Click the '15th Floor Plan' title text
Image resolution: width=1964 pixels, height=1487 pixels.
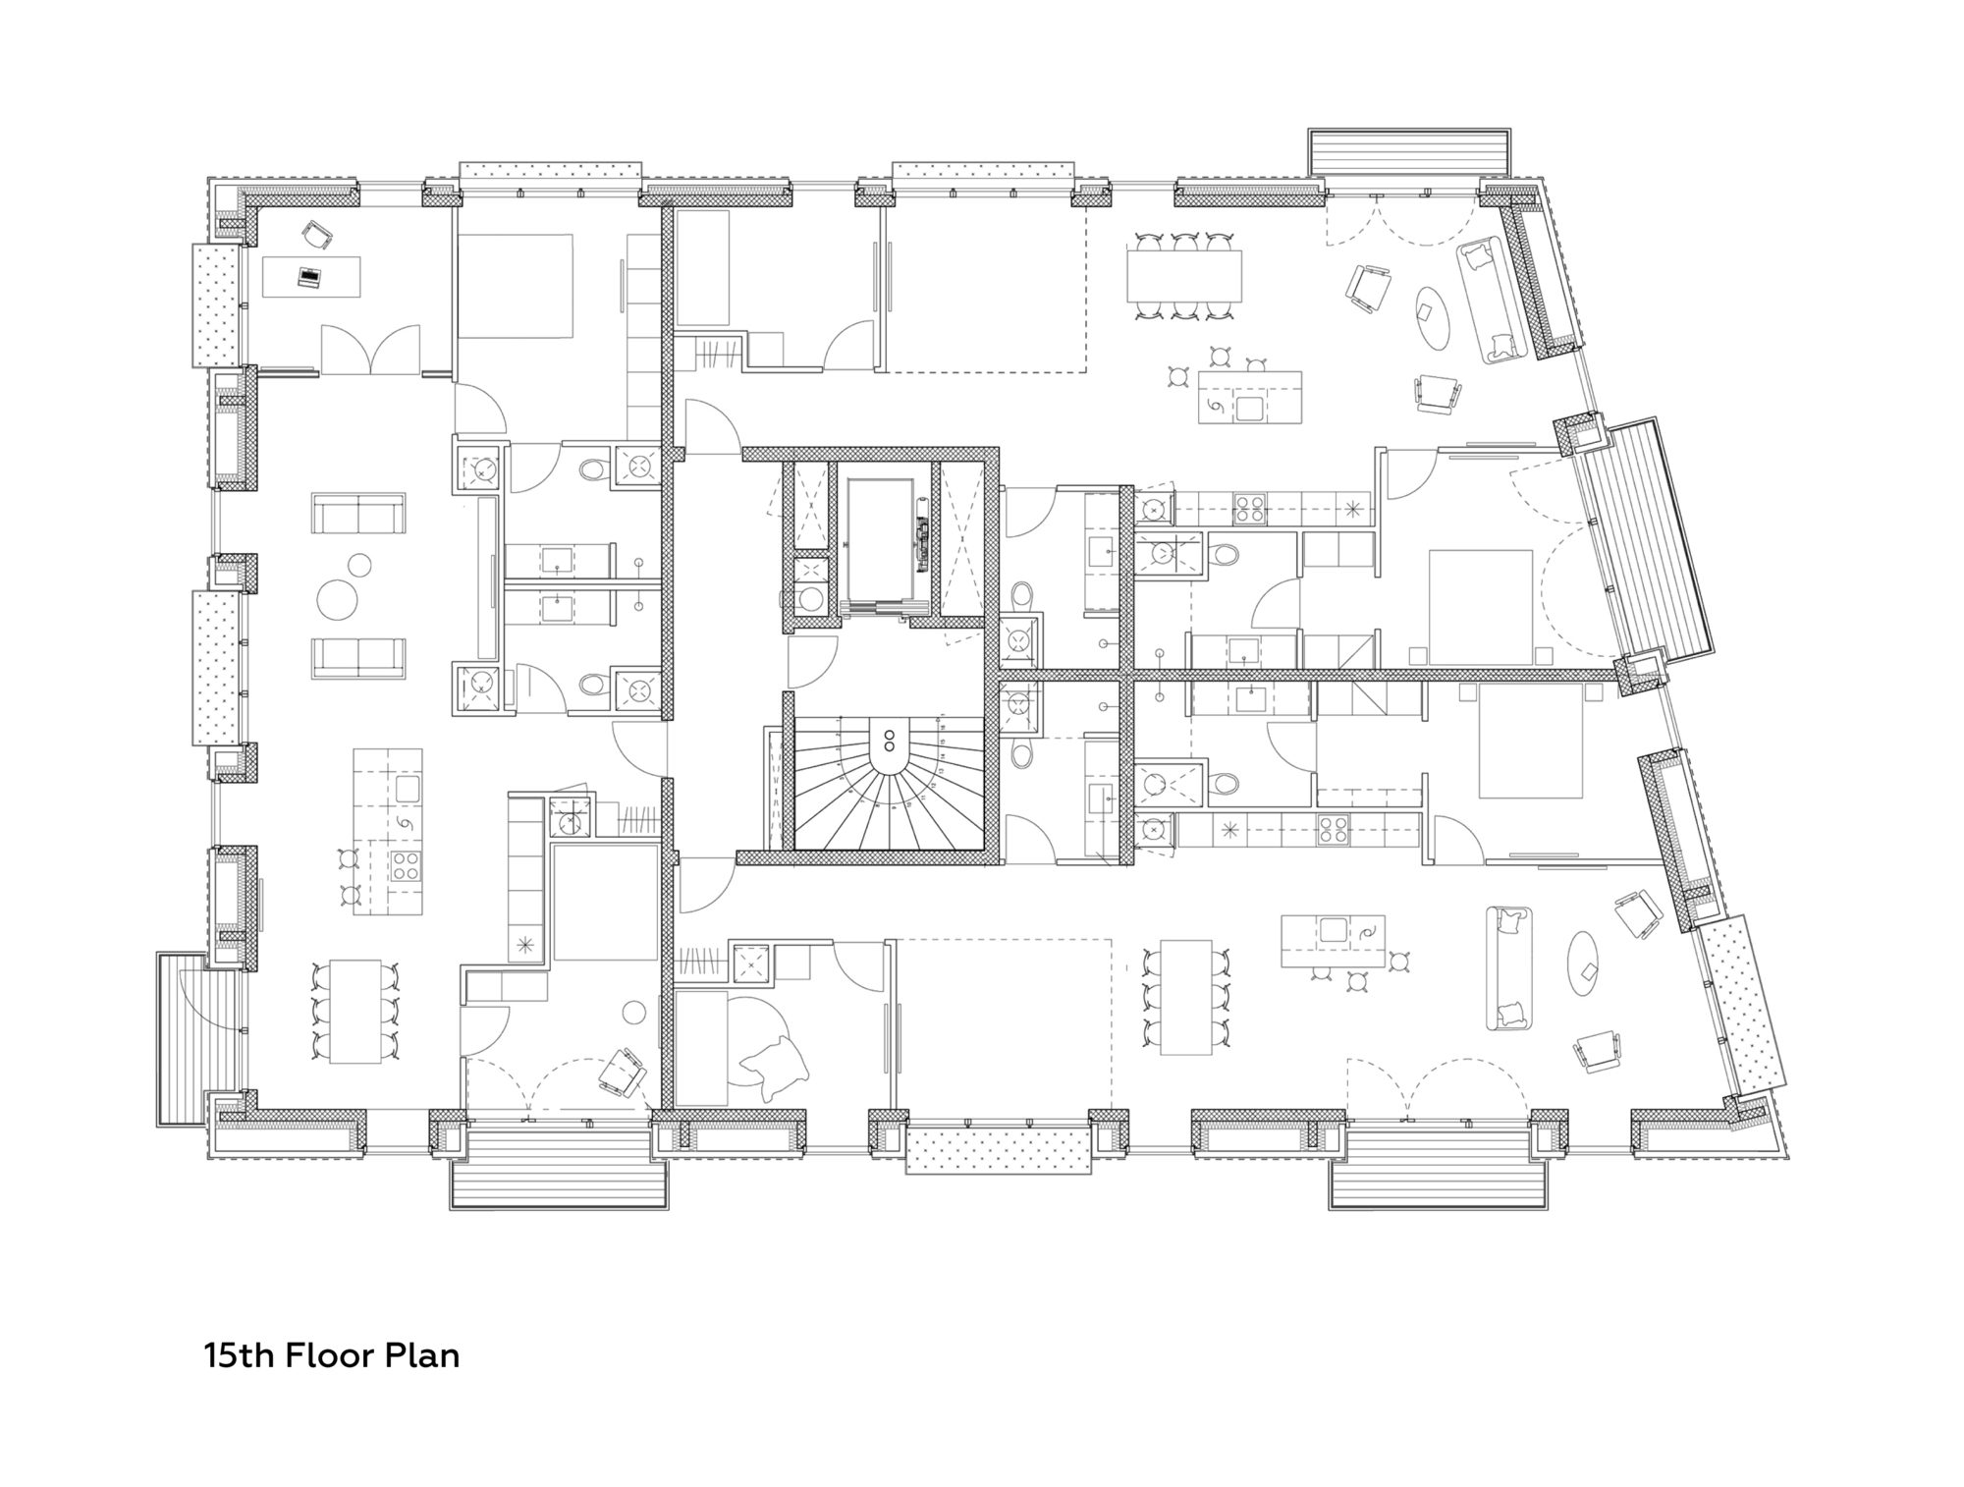pyautogui.click(x=331, y=1356)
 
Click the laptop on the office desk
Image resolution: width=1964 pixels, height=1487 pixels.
pyautogui.click(x=309, y=278)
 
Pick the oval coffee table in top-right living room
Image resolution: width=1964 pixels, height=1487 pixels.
pyautogui.click(x=1432, y=317)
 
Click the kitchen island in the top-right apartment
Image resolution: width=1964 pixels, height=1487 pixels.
pyautogui.click(x=1249, y=397)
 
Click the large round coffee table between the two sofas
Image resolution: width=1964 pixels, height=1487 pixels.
pyautogui.click(x=338, y=598)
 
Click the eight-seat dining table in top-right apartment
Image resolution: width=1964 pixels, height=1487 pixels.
pyautogui.click(x=1183, y=276)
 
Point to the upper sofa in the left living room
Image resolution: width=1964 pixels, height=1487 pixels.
pyautogui.click(x=358, y=513)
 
